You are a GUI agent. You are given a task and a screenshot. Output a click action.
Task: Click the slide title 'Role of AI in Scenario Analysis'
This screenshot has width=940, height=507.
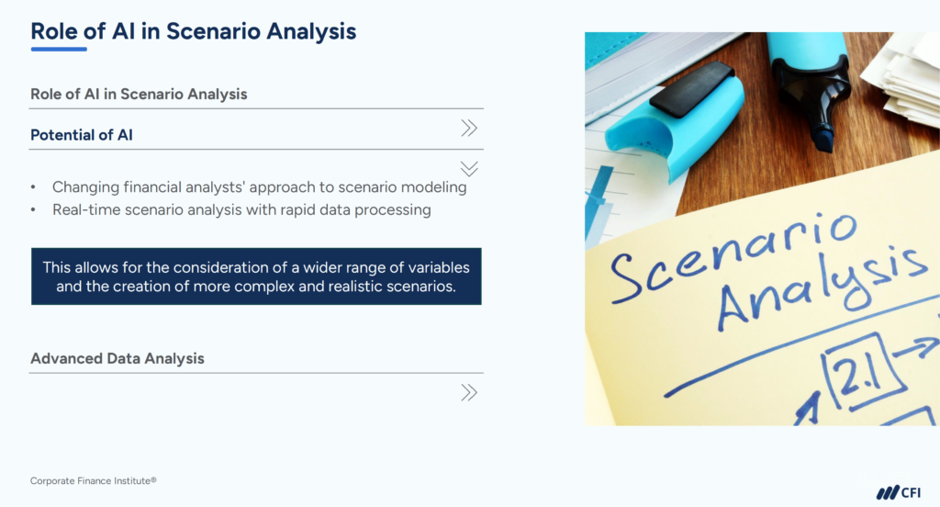pos(193,30)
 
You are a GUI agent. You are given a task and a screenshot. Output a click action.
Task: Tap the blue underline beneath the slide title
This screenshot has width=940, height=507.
pos(59,49)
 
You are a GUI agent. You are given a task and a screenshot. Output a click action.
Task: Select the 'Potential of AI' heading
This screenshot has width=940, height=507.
pos(82,135)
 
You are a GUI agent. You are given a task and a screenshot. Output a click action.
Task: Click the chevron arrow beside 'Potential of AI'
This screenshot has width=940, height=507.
pos(469,129)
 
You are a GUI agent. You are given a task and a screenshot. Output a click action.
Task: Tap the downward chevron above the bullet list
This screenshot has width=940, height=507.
pos(469,168)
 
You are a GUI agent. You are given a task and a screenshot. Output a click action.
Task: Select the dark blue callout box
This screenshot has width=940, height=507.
pos(256,276)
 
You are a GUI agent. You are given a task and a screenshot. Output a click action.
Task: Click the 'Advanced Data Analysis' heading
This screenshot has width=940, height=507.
pos(117,358)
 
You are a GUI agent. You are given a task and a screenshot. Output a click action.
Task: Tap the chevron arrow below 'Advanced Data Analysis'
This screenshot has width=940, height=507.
pos(469,393)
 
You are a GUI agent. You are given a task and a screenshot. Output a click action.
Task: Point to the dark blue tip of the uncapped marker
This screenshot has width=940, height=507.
pos(823,139)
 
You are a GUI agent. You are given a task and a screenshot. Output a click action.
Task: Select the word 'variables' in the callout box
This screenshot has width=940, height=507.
pos(434,267)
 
